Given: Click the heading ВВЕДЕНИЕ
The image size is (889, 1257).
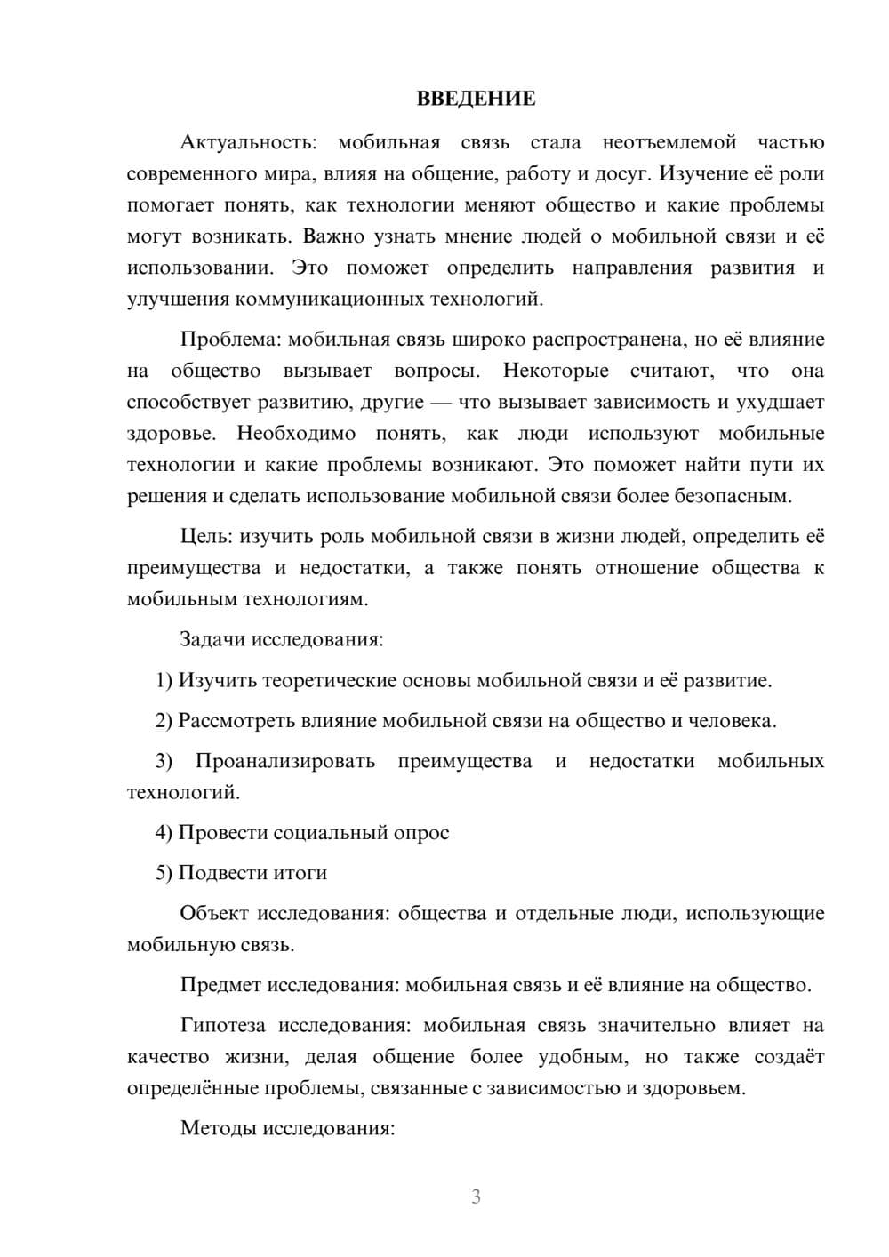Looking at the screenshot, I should (476, 99).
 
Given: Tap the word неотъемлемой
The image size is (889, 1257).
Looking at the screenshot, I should (669, 142).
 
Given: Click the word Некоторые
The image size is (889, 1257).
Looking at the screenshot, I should (556, 371).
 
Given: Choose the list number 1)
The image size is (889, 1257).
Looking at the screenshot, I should (164, 681).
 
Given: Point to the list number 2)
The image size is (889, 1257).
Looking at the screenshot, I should (164, 721).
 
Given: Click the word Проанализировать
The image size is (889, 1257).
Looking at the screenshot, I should (284, 761).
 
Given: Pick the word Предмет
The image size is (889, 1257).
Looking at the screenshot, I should (220, 985).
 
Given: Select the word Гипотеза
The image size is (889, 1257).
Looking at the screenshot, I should (223, 1026).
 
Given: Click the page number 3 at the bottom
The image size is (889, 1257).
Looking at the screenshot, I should (476, 1197).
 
